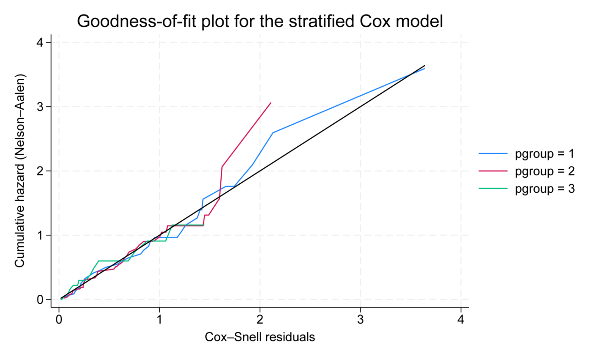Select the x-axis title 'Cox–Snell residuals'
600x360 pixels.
coord(260,337)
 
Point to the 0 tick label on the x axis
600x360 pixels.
coord(59,320)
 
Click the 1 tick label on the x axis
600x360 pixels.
coord(159,320)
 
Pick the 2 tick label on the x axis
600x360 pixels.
coord(260,320)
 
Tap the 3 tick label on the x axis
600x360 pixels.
coord(360,320)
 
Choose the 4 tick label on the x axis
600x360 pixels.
coord(461,320)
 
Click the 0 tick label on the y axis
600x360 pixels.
coord(42,299)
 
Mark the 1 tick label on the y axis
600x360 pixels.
coord(42,235)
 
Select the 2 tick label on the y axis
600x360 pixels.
coord(42,171)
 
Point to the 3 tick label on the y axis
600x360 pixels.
coord(42,107)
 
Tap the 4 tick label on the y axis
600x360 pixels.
coord(42,43)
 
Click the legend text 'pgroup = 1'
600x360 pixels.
coord(544,154)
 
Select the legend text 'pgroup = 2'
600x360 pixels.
coord(544,171)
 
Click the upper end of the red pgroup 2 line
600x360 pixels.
coord(270,103)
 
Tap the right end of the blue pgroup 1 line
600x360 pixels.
coord(425,68)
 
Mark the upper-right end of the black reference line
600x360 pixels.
coord(425,66)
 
